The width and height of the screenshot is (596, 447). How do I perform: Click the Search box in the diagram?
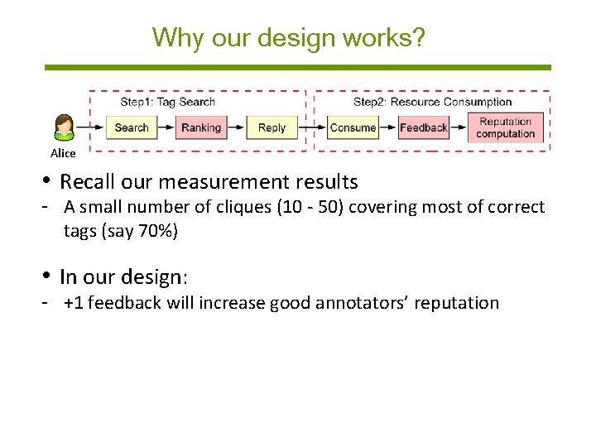[131, 127]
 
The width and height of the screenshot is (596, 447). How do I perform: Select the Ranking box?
[200, 127]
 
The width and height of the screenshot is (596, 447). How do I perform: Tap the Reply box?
[272, 127]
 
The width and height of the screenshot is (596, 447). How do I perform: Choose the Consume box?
[353, 127]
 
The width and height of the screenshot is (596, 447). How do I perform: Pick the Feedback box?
[423, 127]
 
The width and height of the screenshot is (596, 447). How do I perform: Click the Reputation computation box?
[505, 127]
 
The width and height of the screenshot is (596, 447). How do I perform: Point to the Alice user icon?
[64, 127]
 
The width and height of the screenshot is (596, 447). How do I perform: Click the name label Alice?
[63, 153]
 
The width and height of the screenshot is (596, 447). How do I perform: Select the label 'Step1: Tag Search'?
[167, 102]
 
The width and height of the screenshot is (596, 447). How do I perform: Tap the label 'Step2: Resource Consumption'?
[432, 102]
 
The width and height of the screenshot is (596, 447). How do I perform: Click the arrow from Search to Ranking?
[166, 127]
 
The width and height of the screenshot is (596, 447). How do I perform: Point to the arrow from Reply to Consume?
[311, 127]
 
